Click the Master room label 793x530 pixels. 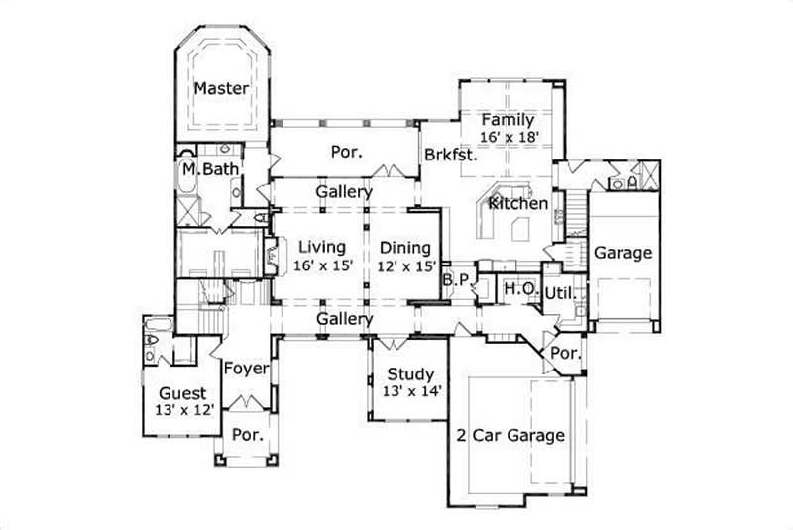(x=220, y=88)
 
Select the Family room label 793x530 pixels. (x=508, y=120)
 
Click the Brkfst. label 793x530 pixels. (x=451, y=155)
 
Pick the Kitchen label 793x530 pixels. (x=518, y=203)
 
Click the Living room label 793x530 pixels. (x=319, y=247)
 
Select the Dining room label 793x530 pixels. (x=404, y=248)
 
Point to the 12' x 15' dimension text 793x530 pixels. (x=404, y=265)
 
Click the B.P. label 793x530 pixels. (x=456, y=280)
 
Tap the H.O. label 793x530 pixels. (x=520, y=288)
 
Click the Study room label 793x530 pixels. (x=409, y=374)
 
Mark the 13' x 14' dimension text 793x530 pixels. (x=409, y=391)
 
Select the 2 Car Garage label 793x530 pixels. (x=510, y=435)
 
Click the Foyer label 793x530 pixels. (x=246, y=369)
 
